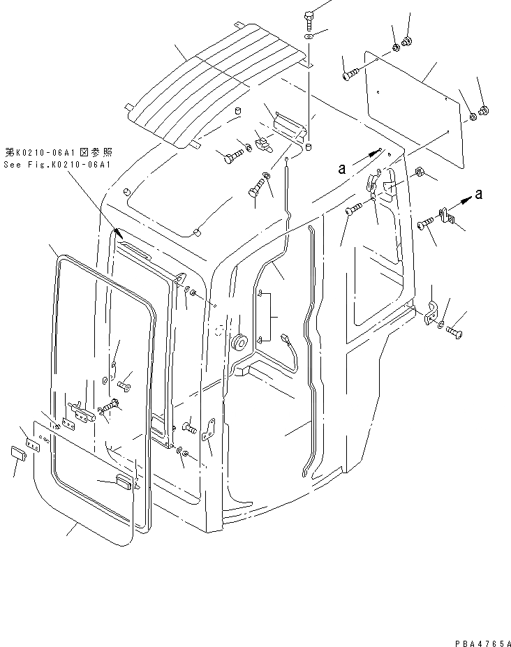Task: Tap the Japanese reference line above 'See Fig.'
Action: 57,151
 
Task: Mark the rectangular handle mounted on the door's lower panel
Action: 123,481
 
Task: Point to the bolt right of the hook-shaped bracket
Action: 455,326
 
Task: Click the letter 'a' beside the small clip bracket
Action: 478,195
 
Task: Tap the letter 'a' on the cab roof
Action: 341,168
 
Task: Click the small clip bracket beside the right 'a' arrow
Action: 445,215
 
